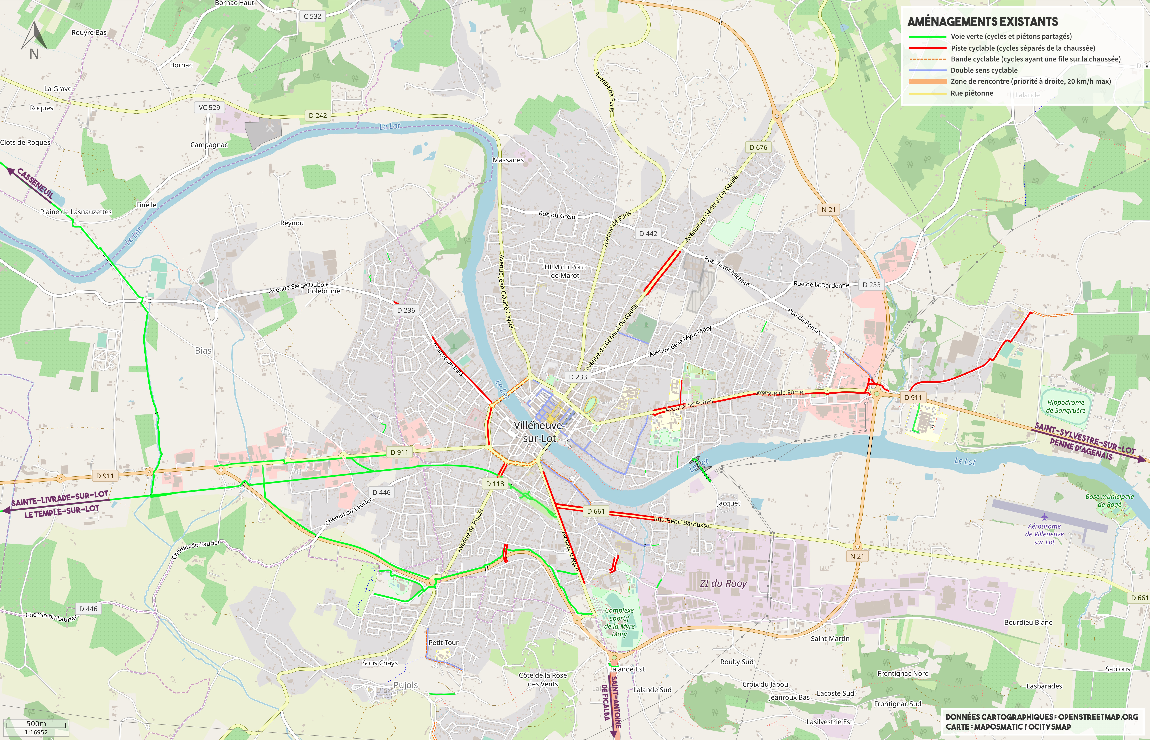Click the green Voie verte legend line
[x=927, y=37]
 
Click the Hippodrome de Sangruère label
[x=1065, y=406]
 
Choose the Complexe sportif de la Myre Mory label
[x=619, y=622]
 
